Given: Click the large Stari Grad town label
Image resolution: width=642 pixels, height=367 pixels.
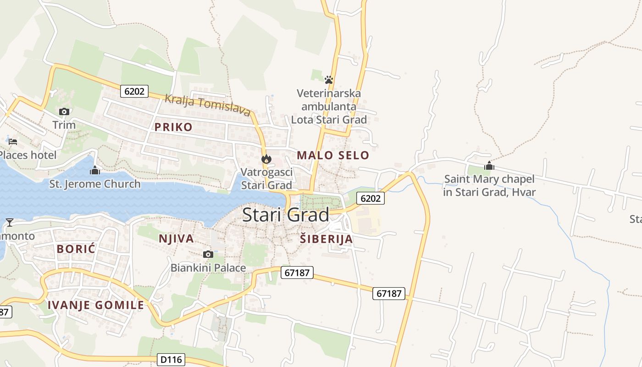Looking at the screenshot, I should tap(285, 215).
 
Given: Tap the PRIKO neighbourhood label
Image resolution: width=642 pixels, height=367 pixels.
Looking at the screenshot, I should tap(173, 127).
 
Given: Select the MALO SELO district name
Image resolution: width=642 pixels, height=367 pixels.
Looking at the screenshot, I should tap(333, 155).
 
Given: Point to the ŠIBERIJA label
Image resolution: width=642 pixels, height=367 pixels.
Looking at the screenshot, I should tap(327, 239).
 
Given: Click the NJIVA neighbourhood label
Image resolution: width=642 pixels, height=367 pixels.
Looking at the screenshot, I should tap(176, 239).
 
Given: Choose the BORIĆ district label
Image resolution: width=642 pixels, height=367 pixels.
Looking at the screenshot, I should tap(76, 249).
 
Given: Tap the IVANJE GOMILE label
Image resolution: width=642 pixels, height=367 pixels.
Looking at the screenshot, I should tap(96, 305).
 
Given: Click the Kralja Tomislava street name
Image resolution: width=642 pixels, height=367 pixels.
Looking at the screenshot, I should tap(208, 105).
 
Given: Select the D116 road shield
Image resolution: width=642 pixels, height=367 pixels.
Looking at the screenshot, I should tap(171, 360).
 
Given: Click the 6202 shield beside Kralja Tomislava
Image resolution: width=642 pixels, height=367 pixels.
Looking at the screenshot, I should tap(134, 91).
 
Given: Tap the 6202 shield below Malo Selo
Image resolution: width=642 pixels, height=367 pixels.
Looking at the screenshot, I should tap(371, 198).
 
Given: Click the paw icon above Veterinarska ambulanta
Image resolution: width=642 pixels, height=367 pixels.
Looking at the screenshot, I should tap(328, 80).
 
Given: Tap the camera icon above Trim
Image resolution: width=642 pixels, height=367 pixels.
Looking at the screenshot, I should tap(64, 111).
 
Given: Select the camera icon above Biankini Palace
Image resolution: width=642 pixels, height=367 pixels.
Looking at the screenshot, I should tap(208, 254).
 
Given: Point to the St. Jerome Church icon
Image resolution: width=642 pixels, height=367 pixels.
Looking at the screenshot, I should tap(95, 171).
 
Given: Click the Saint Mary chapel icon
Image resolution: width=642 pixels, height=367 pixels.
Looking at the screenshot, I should tap(489, 166).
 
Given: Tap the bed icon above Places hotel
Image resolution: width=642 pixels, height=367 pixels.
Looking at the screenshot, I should tap(13, 141).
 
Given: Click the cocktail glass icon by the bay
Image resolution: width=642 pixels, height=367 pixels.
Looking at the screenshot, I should tap(9, 222).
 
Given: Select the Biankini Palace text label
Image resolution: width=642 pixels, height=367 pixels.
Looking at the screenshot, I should tap(208, 267).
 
